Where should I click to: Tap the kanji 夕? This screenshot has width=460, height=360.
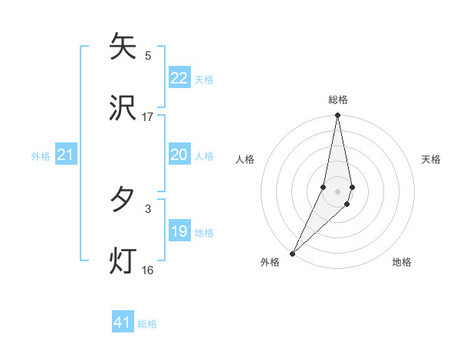(123, 200)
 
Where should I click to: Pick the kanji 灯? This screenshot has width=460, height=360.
(123, 260)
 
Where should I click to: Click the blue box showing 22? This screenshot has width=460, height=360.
(179, 78)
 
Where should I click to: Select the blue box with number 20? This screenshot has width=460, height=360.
(179, 155)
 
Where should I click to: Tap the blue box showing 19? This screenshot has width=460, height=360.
(179, 231)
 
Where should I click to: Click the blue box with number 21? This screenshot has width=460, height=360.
(65, 155)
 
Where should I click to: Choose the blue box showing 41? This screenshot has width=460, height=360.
(123, 322)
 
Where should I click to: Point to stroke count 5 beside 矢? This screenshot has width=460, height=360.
(148, 55)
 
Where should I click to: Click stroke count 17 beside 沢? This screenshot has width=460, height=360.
(148, 116)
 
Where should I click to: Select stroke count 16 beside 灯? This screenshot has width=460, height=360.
(148, 270)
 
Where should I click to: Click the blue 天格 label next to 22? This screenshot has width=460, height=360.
(204, 79)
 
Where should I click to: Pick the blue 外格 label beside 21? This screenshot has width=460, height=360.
(41, 156)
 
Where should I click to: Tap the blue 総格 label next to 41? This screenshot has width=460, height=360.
(147, 324)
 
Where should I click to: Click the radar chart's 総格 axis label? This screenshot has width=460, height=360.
(338, 100)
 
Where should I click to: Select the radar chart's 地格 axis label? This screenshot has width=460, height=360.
(402, 262)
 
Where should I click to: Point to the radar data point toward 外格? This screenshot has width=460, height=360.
(293, 253)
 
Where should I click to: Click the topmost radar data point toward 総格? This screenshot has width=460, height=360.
(338, 116)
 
